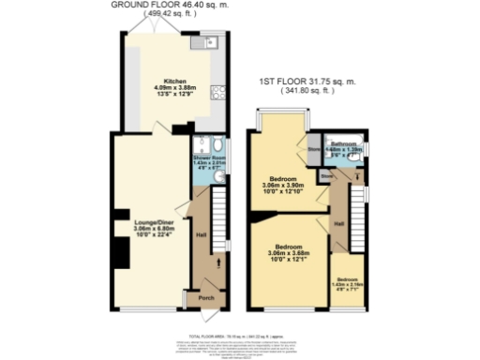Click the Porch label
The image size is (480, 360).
click(205, 299)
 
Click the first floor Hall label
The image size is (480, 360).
click(339, 223)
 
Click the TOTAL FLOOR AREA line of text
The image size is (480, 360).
click(240, 334)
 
